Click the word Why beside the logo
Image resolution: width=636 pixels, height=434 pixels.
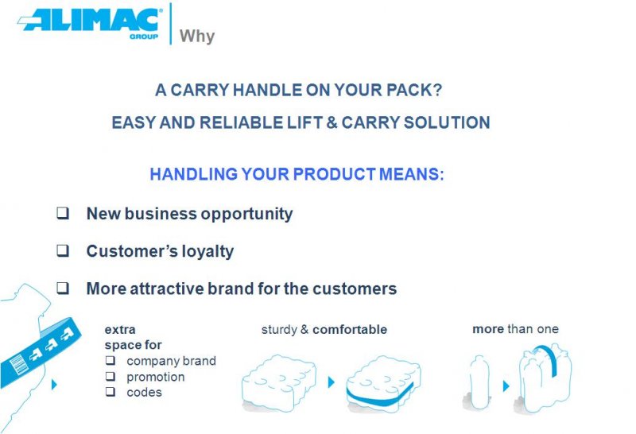pos(197,37)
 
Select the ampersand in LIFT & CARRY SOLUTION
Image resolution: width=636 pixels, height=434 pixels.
pos(332,122)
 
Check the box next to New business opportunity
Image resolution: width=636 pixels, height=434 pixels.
pos(63,213)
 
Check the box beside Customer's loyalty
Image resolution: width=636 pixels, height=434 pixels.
pos(63,250)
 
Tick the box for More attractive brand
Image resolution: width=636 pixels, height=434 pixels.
pos(63,288)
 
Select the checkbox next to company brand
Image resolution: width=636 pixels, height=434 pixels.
pos(111,360)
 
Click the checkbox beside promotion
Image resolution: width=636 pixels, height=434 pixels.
pos(111,376)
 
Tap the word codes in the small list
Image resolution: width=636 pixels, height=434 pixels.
pos(144,393)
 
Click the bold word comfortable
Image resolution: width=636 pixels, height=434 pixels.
pos(350,330)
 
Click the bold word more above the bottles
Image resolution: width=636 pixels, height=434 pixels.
pos(488,329)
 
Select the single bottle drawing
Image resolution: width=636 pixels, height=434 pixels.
pos(479,382)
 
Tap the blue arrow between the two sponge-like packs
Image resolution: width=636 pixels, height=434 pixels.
pos(331,382)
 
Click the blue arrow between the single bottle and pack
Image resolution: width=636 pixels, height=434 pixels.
pos(506,386)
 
